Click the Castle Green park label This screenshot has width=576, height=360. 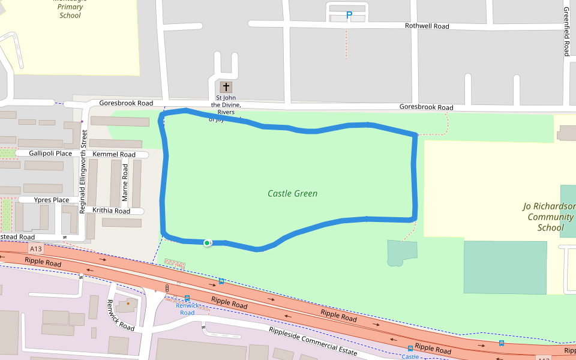292,194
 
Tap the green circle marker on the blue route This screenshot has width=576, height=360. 207,242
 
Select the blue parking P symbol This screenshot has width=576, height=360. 349,15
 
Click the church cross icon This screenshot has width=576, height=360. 226,87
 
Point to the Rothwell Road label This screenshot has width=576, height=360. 427,26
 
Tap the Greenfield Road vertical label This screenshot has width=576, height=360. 566,32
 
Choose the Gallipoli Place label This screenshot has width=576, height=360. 50,154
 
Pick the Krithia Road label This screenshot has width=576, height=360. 111,211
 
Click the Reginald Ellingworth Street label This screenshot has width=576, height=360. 84,172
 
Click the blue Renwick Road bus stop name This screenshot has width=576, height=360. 187,309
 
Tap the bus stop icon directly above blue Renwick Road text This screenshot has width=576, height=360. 187,298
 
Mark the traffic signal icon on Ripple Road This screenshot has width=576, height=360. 167,288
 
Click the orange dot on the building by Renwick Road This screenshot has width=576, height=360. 128,304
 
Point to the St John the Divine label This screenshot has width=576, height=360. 226,105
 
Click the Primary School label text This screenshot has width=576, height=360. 70,11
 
